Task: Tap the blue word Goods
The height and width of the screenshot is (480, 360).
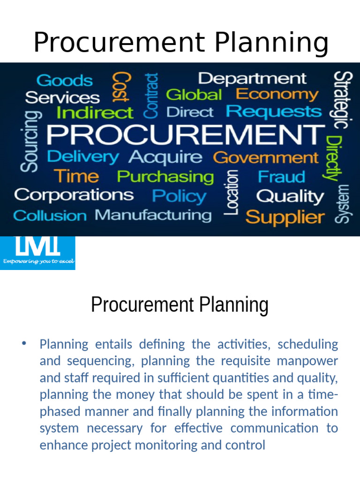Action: click(64, 81)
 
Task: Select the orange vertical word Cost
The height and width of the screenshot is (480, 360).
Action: click(121, 87)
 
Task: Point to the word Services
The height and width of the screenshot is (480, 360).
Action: click(62, 97)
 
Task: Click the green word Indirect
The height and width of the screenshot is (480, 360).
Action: click(94, 113)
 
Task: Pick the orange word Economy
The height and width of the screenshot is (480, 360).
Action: click(277, 94)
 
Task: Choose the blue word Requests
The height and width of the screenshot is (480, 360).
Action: click(274, 112)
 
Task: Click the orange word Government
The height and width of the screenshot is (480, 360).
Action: click(265, 157)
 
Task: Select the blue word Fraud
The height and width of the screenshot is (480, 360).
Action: click(281, 177)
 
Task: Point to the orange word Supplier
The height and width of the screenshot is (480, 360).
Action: click(285, 217)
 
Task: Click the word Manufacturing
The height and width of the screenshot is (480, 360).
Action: click(153, 215)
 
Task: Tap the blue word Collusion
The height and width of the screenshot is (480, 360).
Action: click(50, 216)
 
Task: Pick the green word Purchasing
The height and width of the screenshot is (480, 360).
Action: click(165, 177)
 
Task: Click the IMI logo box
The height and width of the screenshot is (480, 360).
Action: click(37, 253)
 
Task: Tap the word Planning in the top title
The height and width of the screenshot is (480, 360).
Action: click(272, 43)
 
